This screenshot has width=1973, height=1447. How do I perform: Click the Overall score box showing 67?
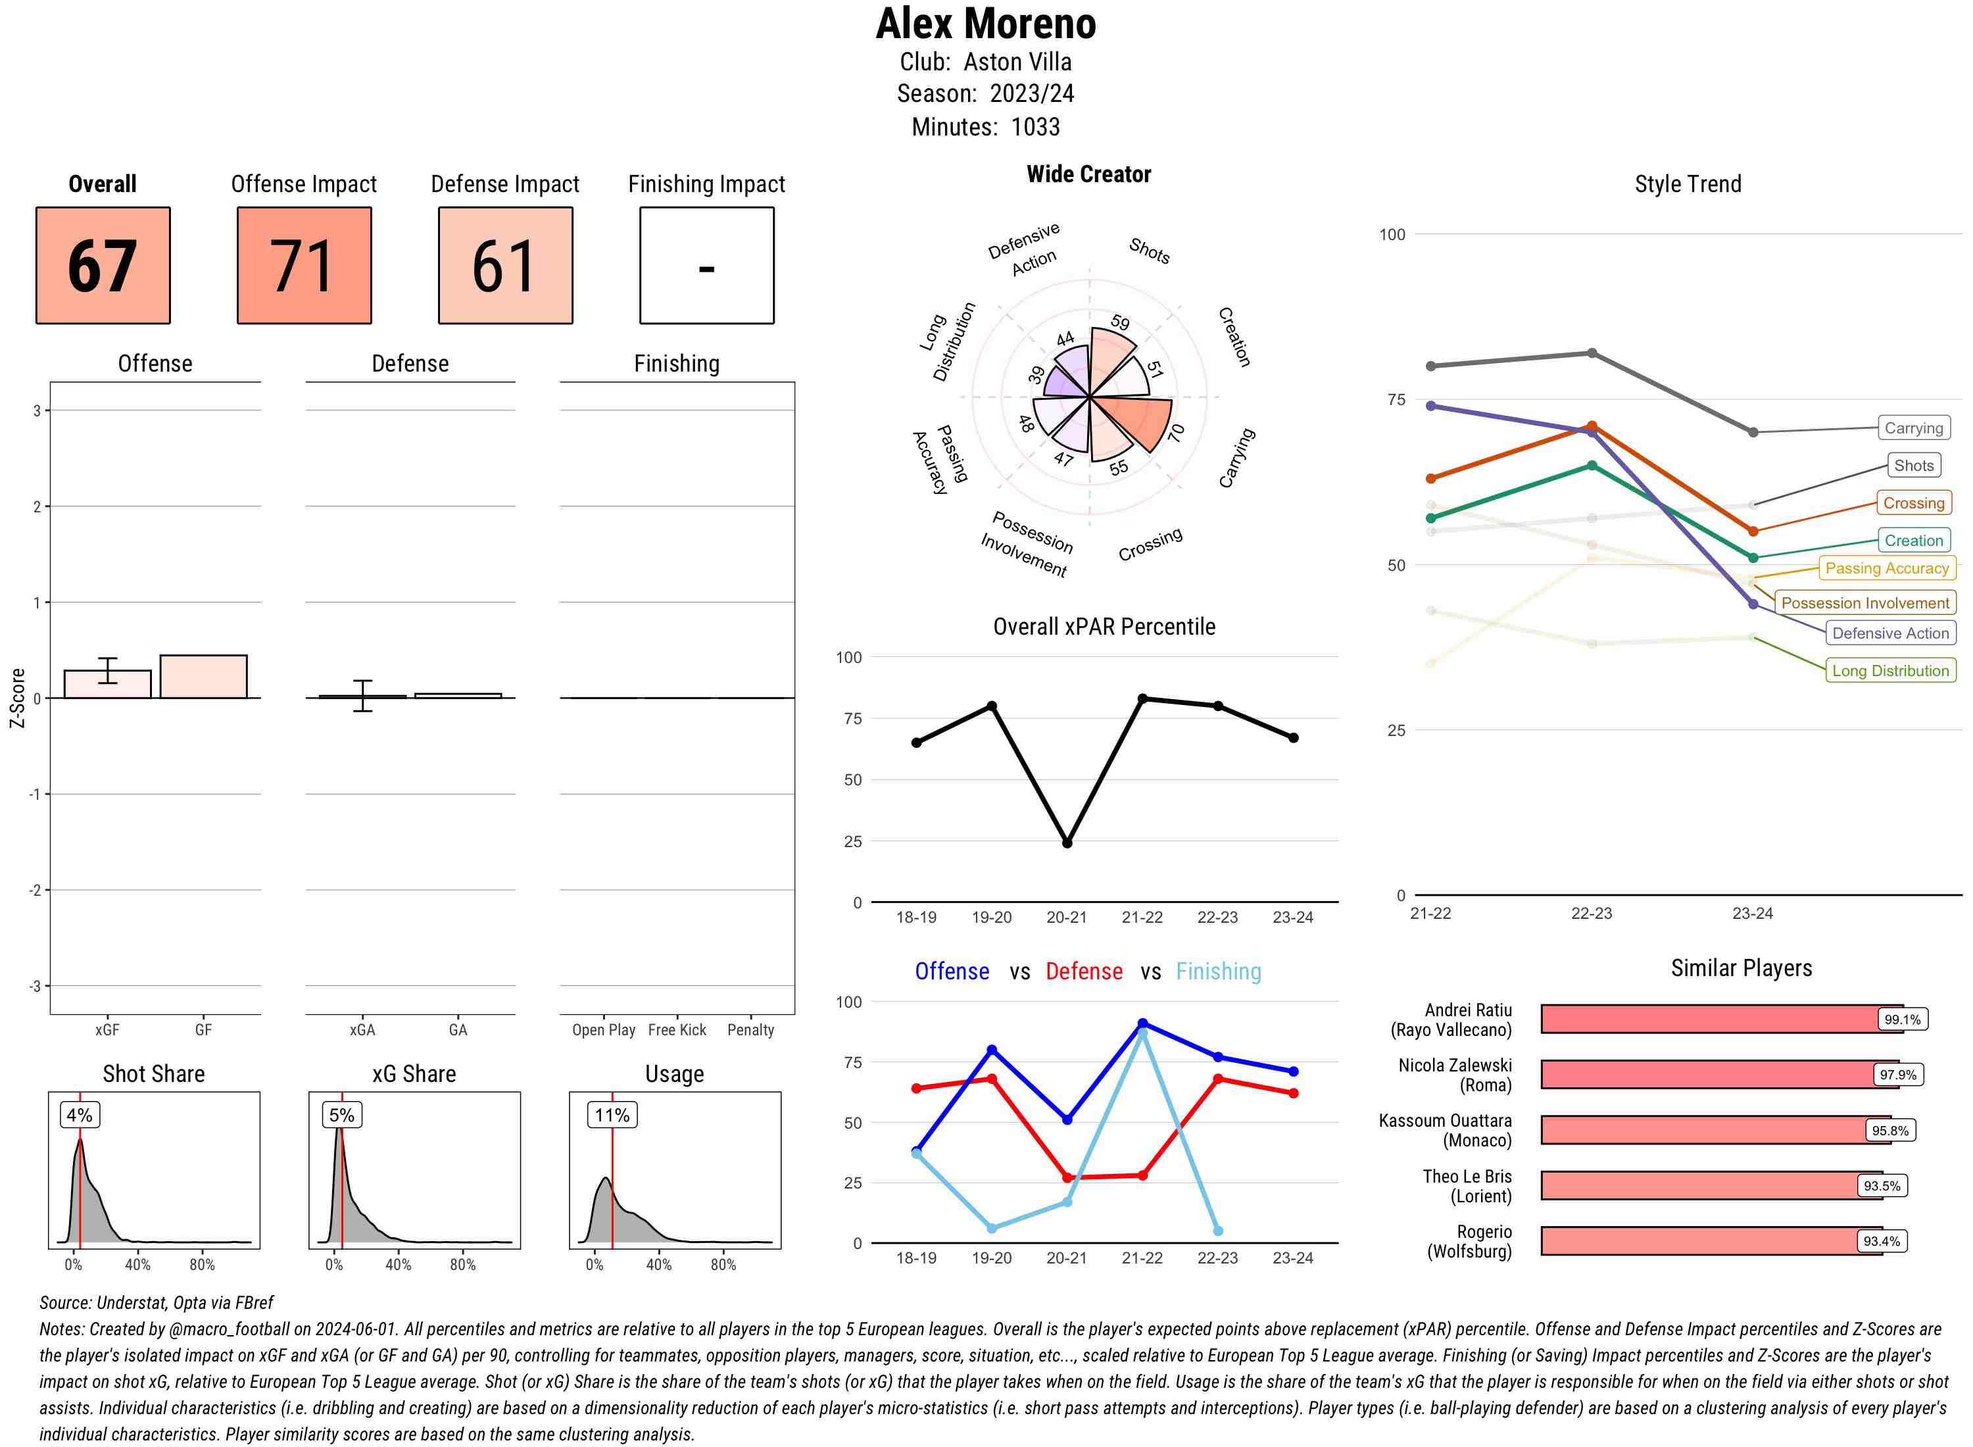[103, 266]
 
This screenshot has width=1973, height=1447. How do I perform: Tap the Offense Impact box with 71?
[304, 266]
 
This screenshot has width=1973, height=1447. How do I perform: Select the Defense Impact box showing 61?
[505, 266]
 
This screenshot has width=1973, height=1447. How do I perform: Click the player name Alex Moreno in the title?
[985, 24]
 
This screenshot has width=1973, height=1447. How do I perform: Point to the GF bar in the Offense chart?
[203, 676]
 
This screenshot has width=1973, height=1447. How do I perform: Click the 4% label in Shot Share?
[80, 1115]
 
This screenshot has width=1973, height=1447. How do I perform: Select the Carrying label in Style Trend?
[1912, 428]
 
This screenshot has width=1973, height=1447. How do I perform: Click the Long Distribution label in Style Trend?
[1890, 671]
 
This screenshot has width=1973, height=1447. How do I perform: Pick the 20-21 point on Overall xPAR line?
[1067, 843]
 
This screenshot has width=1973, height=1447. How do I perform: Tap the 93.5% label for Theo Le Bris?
[1881, 1186]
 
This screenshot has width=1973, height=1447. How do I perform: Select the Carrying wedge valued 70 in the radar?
[1138, 420]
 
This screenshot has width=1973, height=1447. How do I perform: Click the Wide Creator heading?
[1088, 174]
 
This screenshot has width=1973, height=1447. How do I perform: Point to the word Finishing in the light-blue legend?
[1218, 971]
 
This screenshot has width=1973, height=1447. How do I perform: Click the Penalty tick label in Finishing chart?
[750, 1030]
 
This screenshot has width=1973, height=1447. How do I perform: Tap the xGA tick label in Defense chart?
[362, 1030]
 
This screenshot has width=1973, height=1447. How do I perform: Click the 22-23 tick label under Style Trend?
[1591, 914]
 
